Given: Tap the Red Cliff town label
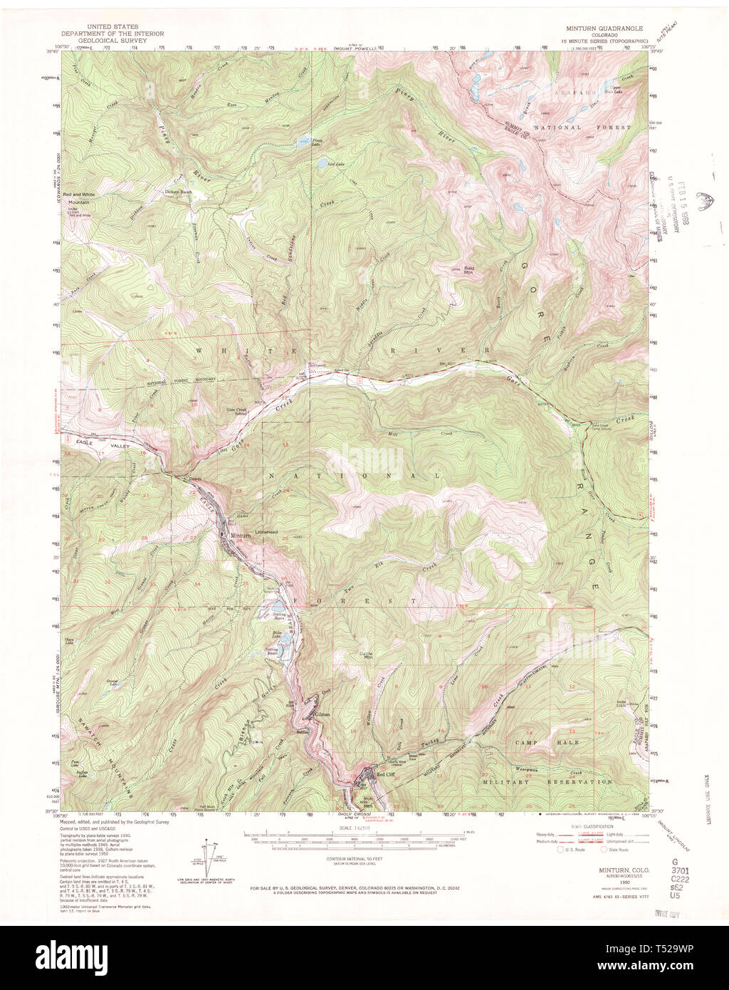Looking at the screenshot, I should pyautogui.click(x=385, y=774).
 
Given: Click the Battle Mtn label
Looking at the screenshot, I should pyautogui.click(x=369, y=656).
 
